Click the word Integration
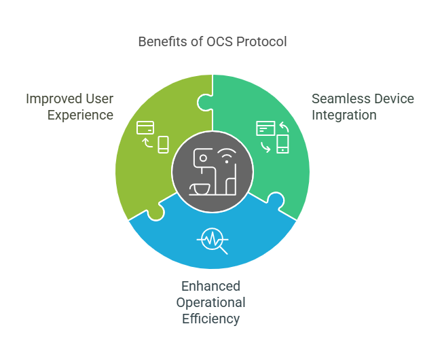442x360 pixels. tap(344, 115)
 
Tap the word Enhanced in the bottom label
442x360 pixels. tap(210, 286)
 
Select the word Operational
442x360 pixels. tap(210, 302)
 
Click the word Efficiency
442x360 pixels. tap(210, 318)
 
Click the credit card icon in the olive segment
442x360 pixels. tap(145, 127)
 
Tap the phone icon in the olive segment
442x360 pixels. tap(163, 144)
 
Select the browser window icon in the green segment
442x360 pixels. tap(265, 127)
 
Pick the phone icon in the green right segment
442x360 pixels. tap(282, 144)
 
